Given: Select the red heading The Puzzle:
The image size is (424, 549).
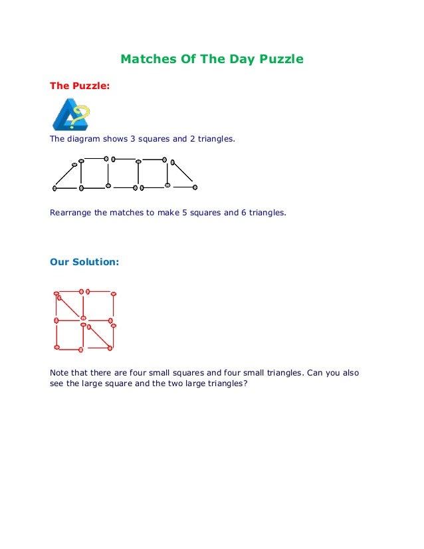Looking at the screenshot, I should [x=78, y=86].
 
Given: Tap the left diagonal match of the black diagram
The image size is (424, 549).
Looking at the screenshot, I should [x=65, y=176].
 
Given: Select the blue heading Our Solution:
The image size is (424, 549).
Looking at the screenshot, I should [x=84, y=262].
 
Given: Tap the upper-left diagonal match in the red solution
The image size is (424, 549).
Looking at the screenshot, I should [x=71, y=307].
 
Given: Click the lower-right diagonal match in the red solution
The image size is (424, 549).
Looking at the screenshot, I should [x=98, y=336].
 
